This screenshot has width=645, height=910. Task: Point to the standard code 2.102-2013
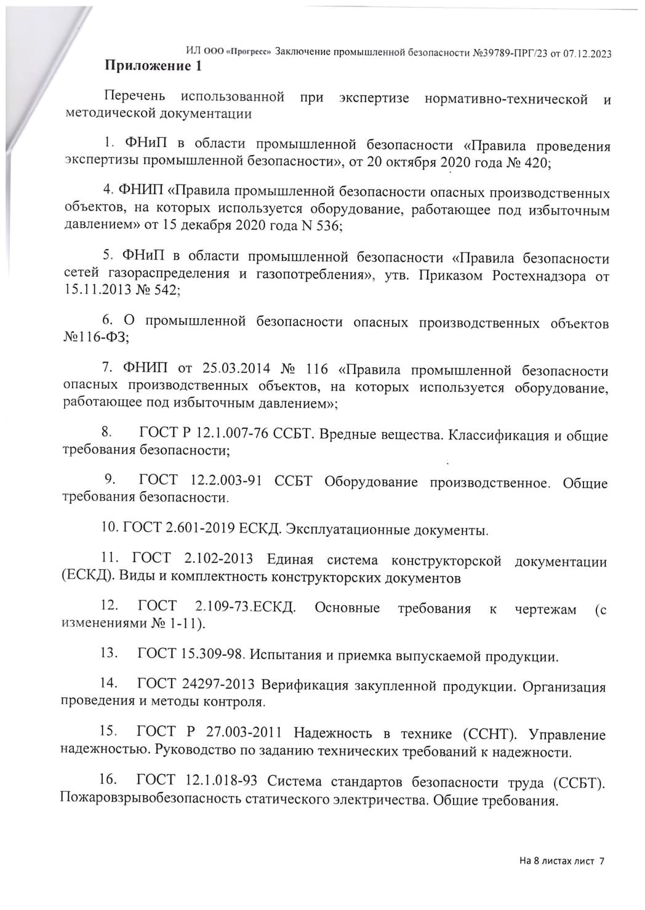218,559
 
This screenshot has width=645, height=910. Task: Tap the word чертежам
545,609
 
